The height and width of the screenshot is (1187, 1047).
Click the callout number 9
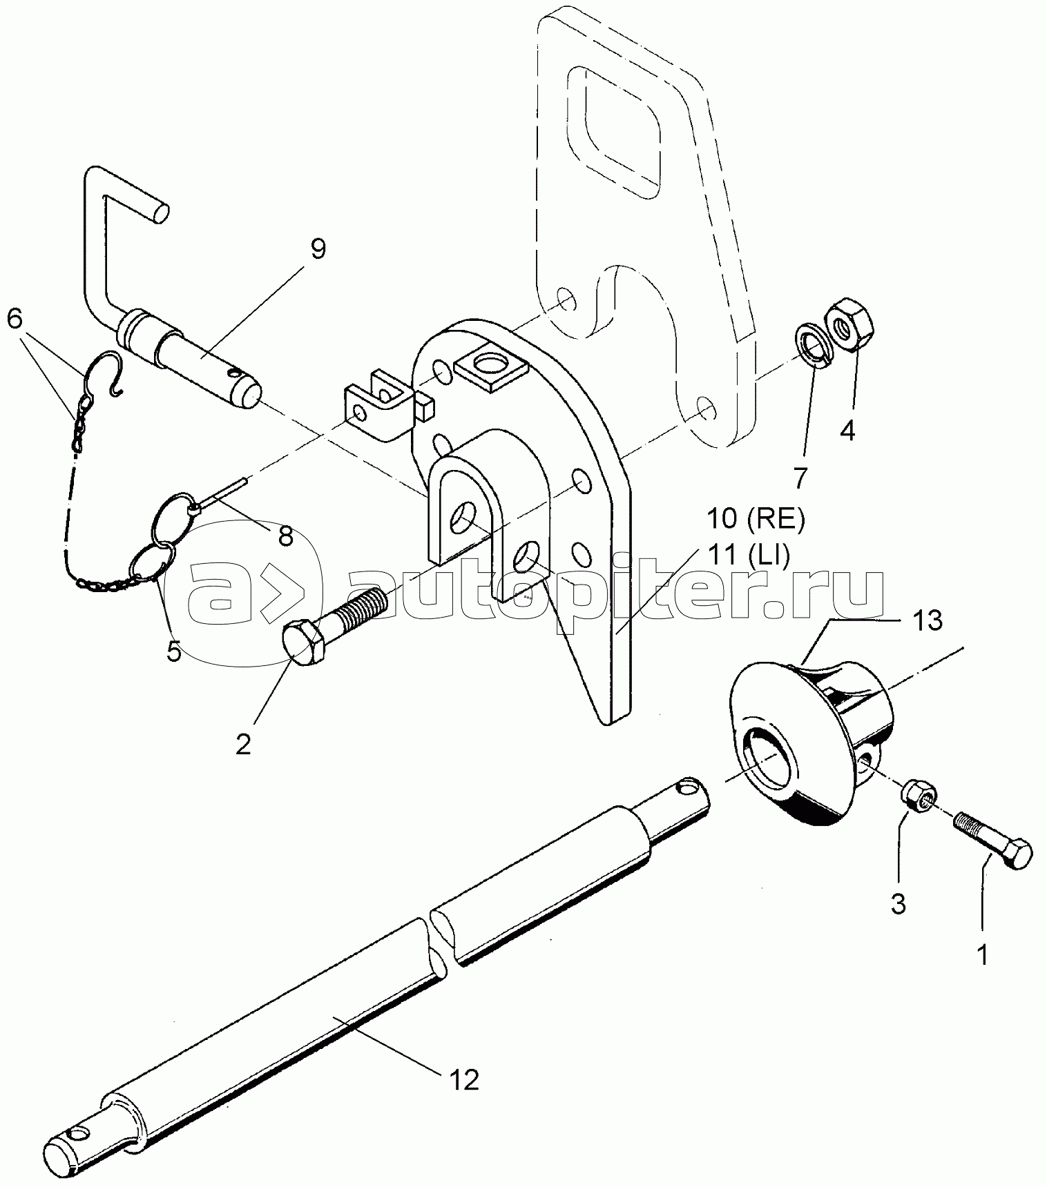coord(317,249)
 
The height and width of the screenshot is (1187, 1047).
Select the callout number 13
coord(930,620)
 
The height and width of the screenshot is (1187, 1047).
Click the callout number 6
coord(15,318)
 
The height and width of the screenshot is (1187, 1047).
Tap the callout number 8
coord(285,534)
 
